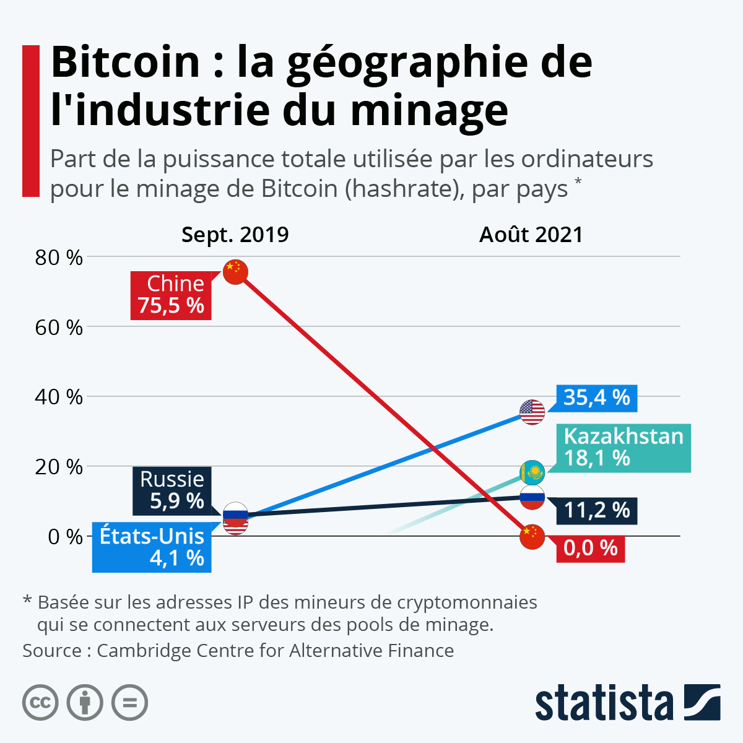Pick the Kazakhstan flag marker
pyautogui.click(x=532, y=474)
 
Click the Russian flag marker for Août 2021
pyautogui.click(x=532, y=497)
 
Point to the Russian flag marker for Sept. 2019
pyautogui.click(x=235, y=514)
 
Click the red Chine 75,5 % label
pyautogui.click(x=171, y=295)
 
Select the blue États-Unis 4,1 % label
pyautogui.click(x=152, y=547)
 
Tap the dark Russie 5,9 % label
pyautogui.click(x=172, y=490)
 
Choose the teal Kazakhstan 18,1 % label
pyautogui.click(x=623, y=448)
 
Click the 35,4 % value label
pyautogui.click(x=597, y=398)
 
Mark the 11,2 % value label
pyautogui.click(x=597, y=510)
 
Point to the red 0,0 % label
pyautogui.click(x=591, y=549)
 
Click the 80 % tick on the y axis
pyautogui.click(x=59, y=257)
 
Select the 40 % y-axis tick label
pyautogui.click(x=59, y=397)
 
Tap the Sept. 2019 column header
pyautogui.click(x=235, y=235)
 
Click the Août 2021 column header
pyautogui.click(x=531, y=235)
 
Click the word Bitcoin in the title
pyautogui.click(x=126, y=62)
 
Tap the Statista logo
pyautogui.click(x=627, y=702)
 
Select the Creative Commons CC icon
pyautogui.click(x=40, y=703)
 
